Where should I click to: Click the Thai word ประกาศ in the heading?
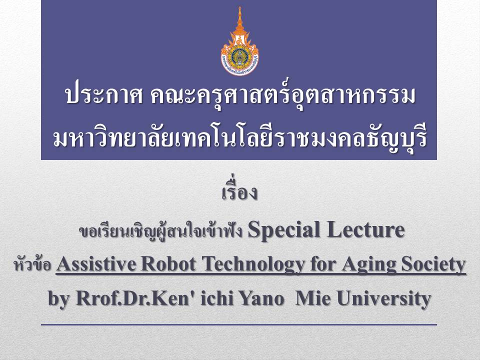[104, 96]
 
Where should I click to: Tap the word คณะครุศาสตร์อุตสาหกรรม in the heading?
[283, 95]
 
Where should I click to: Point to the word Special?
[284, 230]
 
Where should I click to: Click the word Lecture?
[365, 229]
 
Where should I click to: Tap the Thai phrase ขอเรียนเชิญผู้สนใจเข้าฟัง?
[161, 231]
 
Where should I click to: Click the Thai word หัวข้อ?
[32, 264]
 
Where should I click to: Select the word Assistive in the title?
[96, 263]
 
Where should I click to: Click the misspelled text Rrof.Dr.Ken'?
[135, 298]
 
